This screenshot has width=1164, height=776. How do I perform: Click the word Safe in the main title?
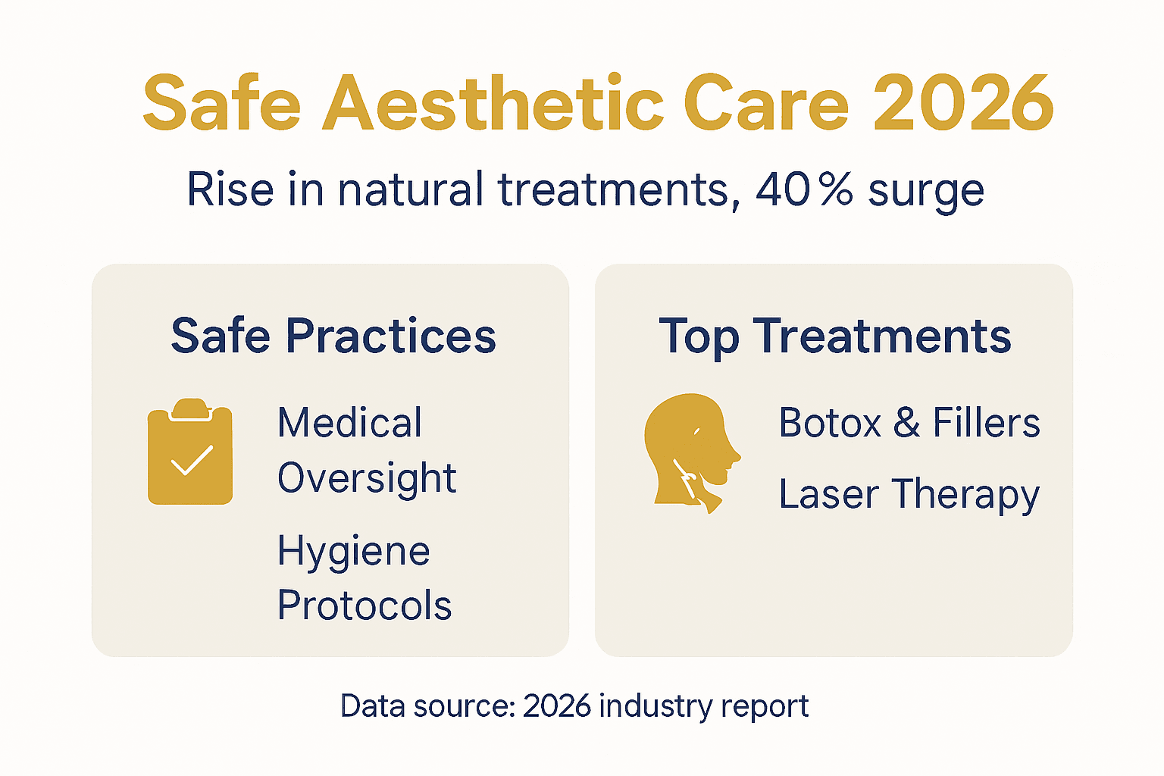pyautogui.click(x=221, y=104)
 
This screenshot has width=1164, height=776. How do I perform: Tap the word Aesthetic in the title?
pyautogui.click(x=493, y=104)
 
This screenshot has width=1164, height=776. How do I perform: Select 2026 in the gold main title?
pyautogui.click(x=962, y=104)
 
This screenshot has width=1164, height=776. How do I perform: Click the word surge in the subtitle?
pyautogui.click(x=925, y=191)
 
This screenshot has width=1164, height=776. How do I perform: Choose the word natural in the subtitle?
pyautogui.click(x=410, y=189)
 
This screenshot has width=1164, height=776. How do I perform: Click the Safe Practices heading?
pyautogui.click(x=333, y=336)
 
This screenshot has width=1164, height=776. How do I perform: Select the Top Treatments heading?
pyautogui.click(x=834, y=336)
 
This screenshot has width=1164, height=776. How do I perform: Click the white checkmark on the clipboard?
pyautogui.click(x=192, y=460)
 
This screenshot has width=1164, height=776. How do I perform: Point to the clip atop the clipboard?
pyautogui.click(x=190, y=409)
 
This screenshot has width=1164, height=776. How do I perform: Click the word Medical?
pyautogui.click(x=349, y=423)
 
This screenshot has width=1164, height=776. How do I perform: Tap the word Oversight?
pyautogui.click(x=367, y=478)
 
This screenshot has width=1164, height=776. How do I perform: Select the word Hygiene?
pyautogui.click(x=353, y=551)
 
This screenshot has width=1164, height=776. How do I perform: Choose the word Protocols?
pyautogui.click(x=365, y=605)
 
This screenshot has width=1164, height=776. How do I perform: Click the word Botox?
pyautogui.click(x=830, y=423)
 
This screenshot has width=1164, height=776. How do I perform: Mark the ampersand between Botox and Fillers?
pyautogui.click(x=906, y=423)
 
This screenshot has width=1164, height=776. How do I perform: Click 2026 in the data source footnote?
pyautogui.click(x=556, y=706)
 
